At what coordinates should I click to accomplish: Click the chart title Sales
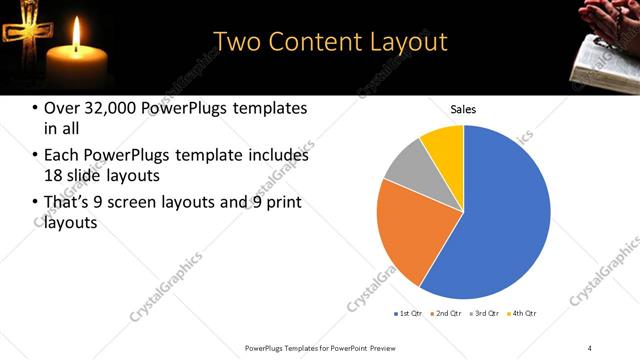coord(463,109)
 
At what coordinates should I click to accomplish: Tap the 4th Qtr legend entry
coord(523,314)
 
